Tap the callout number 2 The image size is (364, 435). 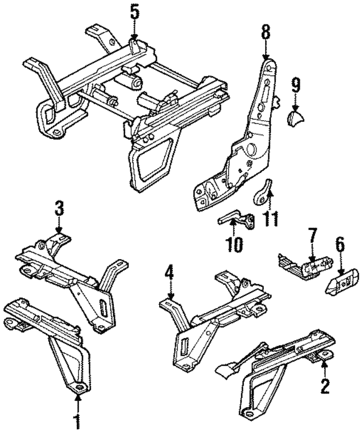(325, 387)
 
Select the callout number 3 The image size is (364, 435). (60, 208)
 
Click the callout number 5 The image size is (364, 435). (134, 12)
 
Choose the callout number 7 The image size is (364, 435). (312, 235)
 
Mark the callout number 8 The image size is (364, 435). (266, 32)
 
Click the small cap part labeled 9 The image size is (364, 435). (295, 119)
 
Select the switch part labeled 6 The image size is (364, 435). (343, 282)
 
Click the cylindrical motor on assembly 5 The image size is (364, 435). (132, 81)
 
